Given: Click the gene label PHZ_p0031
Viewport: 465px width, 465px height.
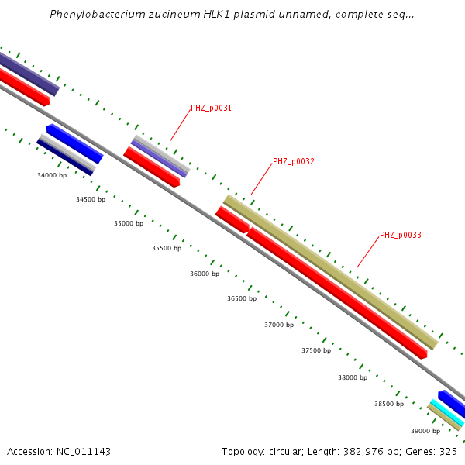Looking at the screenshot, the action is click(211, 108).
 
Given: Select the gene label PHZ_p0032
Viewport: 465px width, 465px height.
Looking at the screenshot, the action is click(293, 162).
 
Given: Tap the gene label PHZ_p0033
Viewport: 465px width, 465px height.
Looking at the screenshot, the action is click(400, 235).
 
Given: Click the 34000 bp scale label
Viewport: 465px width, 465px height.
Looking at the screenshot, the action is click(52, 175).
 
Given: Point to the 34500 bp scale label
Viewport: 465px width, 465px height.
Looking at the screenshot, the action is click(91, 199).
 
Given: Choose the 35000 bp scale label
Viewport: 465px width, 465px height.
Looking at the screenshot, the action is click(129, 223).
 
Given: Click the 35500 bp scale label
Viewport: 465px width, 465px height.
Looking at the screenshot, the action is click(166, 248).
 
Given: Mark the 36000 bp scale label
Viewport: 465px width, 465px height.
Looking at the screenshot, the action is click(205, 274).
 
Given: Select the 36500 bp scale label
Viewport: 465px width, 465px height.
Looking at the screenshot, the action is click(241, 298).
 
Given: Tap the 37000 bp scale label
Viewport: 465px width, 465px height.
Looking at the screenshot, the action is click(279, 325).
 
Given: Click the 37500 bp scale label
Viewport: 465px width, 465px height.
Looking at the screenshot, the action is click(316, 350).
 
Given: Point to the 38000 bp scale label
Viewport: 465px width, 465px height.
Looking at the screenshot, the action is click(353, 377).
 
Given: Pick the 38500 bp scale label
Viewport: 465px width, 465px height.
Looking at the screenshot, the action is click(389, 404).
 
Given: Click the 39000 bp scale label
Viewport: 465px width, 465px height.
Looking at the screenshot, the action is click(425, 431).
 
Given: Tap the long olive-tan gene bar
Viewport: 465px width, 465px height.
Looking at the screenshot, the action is click(330, 271).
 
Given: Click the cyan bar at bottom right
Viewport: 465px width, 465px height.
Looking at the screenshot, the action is click(446, 412).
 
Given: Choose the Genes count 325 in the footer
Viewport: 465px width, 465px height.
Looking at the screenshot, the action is click(449, 451).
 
